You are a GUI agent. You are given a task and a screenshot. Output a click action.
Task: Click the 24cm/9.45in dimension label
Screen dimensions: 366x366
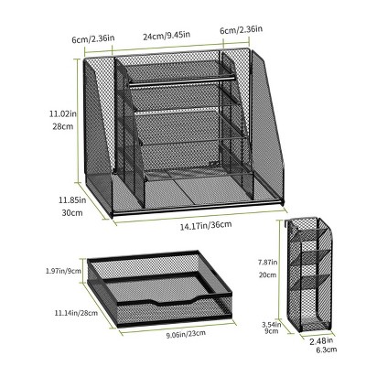(167, 36)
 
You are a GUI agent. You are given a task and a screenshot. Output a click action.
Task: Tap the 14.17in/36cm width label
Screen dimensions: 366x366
(206, 226)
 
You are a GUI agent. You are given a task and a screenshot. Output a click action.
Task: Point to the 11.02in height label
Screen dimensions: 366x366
(63, 114)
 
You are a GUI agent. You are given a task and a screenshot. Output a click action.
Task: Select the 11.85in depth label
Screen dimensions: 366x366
(72, 200)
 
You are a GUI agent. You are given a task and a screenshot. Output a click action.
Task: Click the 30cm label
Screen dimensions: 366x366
(72, 212)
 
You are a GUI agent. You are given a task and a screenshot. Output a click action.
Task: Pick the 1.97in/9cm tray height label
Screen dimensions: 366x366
(63, 271)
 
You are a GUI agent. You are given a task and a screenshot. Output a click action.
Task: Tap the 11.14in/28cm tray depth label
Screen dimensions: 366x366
(76, 313)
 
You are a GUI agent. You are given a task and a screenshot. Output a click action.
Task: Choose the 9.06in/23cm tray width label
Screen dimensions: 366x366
(186, 334)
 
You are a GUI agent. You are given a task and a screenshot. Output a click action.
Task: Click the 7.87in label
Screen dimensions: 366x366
(267, 262)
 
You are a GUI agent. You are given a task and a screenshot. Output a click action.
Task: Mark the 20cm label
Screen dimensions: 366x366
(267, 274)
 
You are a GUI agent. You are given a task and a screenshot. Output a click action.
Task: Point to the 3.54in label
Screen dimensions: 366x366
(271, 324)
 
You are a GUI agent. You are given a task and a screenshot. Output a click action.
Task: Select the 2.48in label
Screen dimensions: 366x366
(321, 341)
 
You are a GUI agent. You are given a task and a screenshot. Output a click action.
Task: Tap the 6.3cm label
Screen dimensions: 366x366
(327, 350)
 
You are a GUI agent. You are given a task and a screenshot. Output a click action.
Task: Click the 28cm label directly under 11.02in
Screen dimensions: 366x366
(63, 126)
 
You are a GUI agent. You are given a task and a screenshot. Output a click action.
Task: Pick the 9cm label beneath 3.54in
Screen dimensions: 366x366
(271, 330)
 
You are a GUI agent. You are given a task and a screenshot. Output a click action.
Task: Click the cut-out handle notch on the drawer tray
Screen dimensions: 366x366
(165, 302)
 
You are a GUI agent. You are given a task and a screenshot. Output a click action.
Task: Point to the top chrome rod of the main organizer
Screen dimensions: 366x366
(182, 80)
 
